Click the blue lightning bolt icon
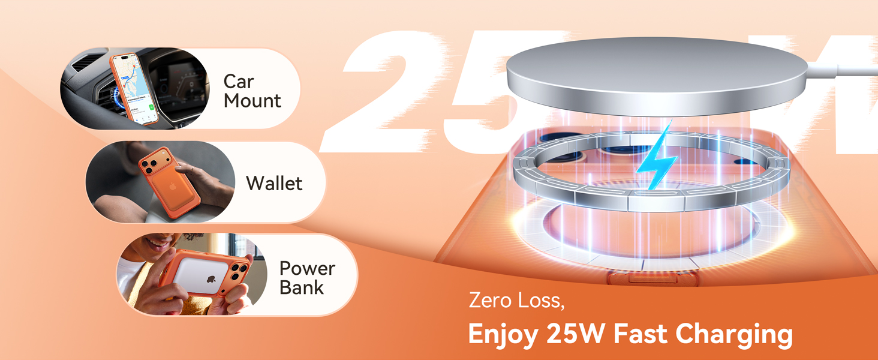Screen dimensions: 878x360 click(657, 157)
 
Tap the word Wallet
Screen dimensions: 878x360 click(274, 183)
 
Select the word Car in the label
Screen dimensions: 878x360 click(239, 81)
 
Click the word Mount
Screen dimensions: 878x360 click(252, 100)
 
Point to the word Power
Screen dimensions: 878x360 click(307, 268)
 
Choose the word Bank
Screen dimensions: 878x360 click(301, 287)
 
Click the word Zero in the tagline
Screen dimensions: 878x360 click(488, 299)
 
